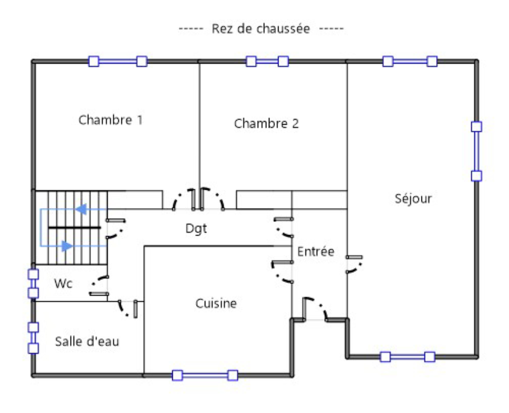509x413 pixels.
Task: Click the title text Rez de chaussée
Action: (261, 29)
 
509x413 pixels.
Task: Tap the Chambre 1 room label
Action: (110, 120)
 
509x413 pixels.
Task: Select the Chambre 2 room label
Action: (266, 123)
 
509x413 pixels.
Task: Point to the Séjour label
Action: (413, 198)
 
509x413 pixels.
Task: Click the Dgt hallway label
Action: (196, 228)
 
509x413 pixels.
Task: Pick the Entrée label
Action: (316, 251)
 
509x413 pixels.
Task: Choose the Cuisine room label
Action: (216, 303)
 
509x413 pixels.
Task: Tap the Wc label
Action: (63, 284)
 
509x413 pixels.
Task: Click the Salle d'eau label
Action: (87, 341)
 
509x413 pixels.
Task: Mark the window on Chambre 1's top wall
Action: (118, 61)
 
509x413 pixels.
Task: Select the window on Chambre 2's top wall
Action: (267, 61)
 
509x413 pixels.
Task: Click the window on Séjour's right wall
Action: (476, 151)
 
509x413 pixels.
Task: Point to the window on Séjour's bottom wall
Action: (407, 357)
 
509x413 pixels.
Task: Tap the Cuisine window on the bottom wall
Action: (205, 375)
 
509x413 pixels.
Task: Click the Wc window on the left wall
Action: (33, 283)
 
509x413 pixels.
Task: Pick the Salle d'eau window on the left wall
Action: (33, 338)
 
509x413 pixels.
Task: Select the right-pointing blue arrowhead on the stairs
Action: (67, 246)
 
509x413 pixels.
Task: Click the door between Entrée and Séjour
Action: (355, 264)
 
